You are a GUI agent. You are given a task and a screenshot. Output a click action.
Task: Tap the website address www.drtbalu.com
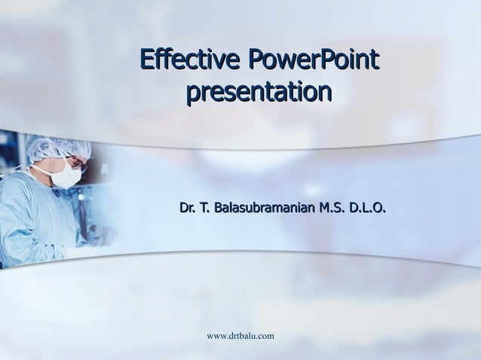[239, 334]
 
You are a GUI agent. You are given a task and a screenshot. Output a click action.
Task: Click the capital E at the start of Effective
[147, 58]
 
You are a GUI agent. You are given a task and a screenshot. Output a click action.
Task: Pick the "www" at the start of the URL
[215, 334]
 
